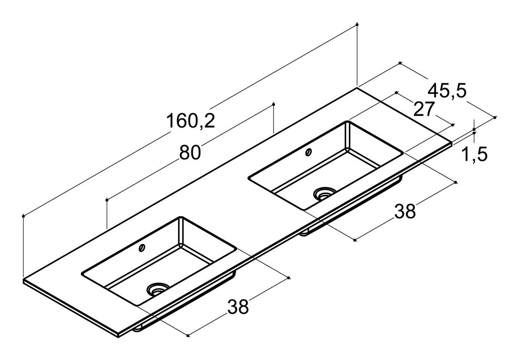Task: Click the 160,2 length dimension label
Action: tap(190, 121)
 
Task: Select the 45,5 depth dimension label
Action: tap(447, 90)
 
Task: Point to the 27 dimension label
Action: tap(424, 109)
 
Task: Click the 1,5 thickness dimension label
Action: tap(474, 154)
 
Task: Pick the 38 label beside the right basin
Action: tap(405, 211)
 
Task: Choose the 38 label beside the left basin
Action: tap(238, 307)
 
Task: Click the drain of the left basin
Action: tap(158, 289)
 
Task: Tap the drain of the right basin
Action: tap(325, 193)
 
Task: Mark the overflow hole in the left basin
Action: tap(143, 247)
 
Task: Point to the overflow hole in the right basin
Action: tap(309, 152)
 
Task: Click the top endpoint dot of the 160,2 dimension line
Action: tap(357, 24)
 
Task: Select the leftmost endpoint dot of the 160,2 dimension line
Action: tap(23, 216)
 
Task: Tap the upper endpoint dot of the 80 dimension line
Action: tap(274, 104)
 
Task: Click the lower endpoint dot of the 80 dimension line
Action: tap(107, 200)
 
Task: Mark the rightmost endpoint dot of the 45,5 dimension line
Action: tap(495, 117)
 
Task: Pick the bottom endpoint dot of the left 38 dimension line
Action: tap(188, 336)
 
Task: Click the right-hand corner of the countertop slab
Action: tap(452, 143)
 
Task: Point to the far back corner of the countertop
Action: tap(357, 88)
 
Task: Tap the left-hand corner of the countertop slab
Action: tap(23, 279)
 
